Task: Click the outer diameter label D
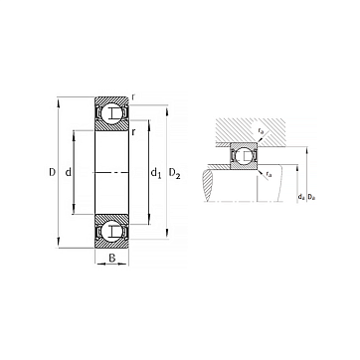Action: [52, 172]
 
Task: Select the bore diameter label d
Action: [69, 172]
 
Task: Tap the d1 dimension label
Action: [156, 173]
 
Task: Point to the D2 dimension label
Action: [175, 173]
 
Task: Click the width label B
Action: [112, 258]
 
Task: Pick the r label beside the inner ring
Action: [133, 132]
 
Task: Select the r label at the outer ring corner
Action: [133, 96]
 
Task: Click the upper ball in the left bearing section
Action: [111, 113]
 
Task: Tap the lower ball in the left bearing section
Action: [111, 231]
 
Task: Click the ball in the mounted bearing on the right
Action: [244, 156]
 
